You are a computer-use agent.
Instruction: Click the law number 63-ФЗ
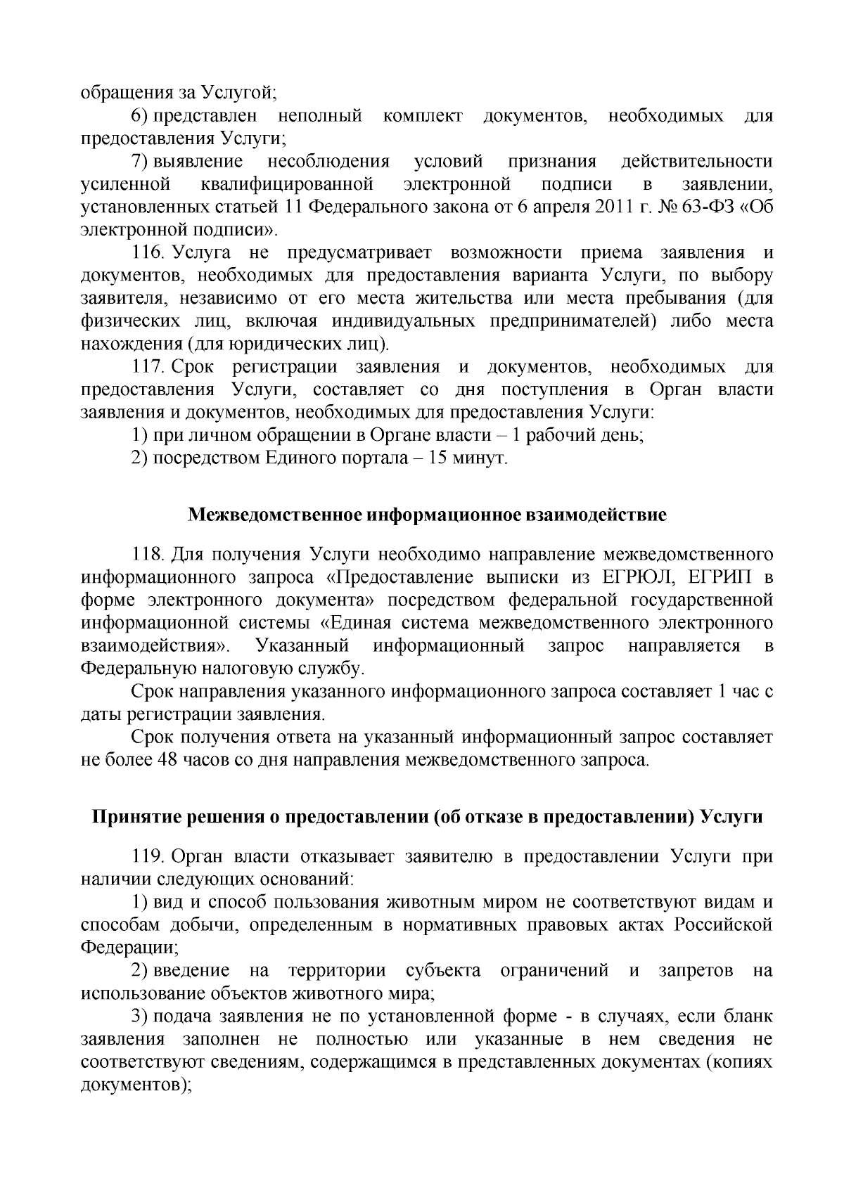tap(703, 207)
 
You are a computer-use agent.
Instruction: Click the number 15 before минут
tap(441, 458)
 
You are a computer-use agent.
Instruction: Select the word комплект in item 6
tap(423, 116)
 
